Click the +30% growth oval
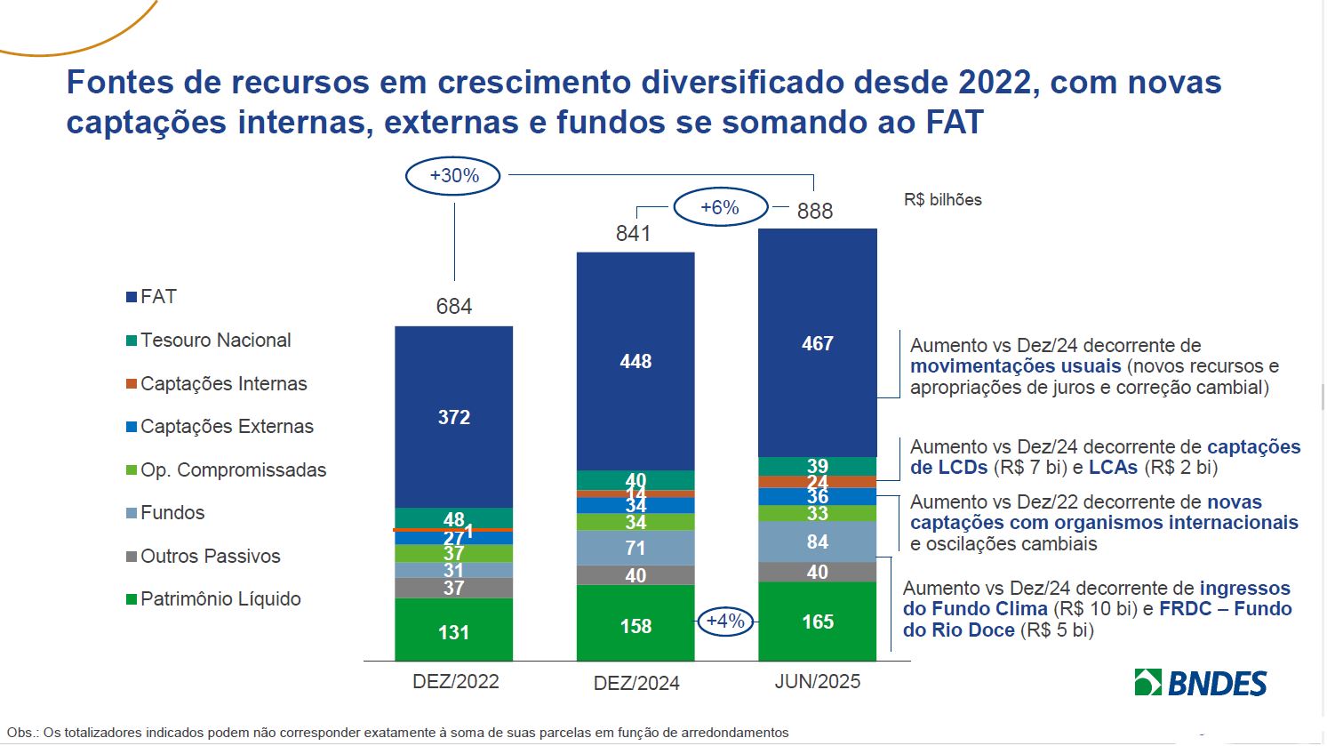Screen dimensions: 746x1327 (453, 176)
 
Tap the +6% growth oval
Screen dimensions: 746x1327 (720, 208)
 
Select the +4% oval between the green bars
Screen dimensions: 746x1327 (725, 622)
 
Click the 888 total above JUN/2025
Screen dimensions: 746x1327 (815, 211)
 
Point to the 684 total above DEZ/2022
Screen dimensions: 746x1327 (454, 307)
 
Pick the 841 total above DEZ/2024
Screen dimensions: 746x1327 (634, 233)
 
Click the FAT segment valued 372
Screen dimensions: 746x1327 (454, 416)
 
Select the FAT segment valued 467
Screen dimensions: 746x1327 (817, 343)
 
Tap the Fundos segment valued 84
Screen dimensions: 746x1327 (817, 541)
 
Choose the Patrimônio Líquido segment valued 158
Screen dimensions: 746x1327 (636, 626)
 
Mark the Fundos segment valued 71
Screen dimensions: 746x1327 (636, 548)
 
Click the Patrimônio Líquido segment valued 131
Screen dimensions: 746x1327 (454, 631)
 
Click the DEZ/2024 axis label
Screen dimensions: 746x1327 (636, 683)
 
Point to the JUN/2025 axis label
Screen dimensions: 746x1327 (818, 681)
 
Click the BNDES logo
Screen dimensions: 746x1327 (1201, 683)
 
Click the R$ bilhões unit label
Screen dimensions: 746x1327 (943, 200)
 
